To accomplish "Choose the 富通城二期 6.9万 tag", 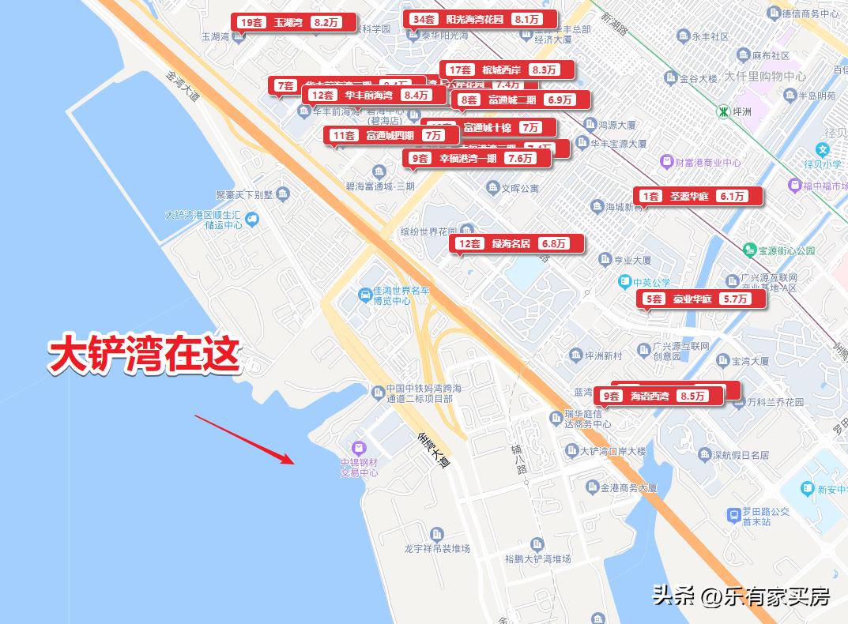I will click(x=522, y=100).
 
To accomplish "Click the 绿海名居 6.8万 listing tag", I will click(x=517, y=244).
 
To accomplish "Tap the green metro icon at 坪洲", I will click(x=722, y=111).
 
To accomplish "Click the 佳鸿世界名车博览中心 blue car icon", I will click(x=365, y=295).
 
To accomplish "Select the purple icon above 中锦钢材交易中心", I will click(x=359, y=448).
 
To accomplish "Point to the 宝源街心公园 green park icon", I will click(x=749, y=250).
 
